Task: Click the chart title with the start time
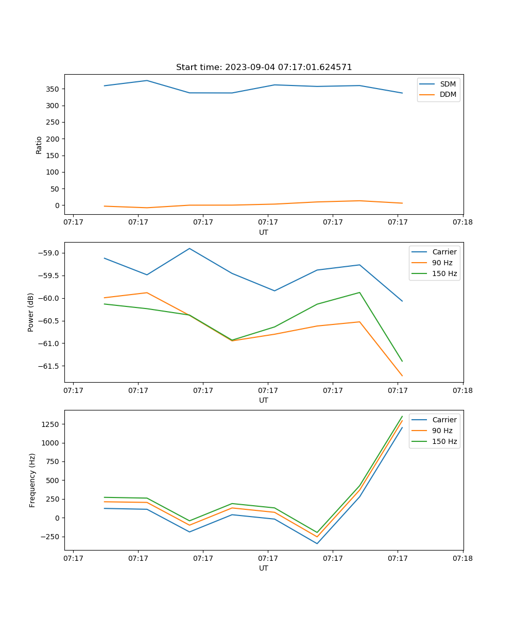pos(264,67)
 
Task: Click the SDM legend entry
pos(448,84)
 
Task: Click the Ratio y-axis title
pos(39,145)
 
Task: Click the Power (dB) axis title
pos(31,312)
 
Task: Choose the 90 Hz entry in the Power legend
pos(442,263)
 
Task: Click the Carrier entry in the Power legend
pos(444,252)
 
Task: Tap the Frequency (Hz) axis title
pos(32,480)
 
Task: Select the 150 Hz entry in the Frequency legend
pos(444,441)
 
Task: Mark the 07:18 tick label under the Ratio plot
pos(462,222)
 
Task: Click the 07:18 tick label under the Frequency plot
pos(462,558)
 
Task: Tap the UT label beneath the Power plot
pos(264,400)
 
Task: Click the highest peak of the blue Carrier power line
pos(190,248)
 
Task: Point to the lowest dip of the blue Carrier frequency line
pos(317,543)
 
